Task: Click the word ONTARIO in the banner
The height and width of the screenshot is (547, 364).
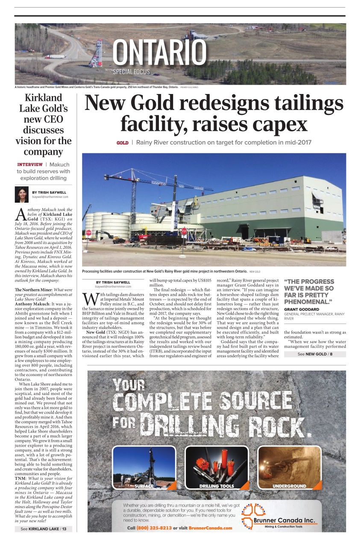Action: (159, 52)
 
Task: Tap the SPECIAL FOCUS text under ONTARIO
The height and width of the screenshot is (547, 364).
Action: (132, 71)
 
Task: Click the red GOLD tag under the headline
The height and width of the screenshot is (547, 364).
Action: (122, 143)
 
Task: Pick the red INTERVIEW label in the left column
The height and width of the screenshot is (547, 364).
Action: (30, 165)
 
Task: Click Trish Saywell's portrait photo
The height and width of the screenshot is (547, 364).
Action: (22, 194)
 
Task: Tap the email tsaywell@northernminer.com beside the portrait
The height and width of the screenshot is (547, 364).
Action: (50, 197)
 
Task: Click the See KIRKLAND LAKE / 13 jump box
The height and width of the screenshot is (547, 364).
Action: (44, 529)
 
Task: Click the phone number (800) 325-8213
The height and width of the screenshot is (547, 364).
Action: (154, 528)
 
